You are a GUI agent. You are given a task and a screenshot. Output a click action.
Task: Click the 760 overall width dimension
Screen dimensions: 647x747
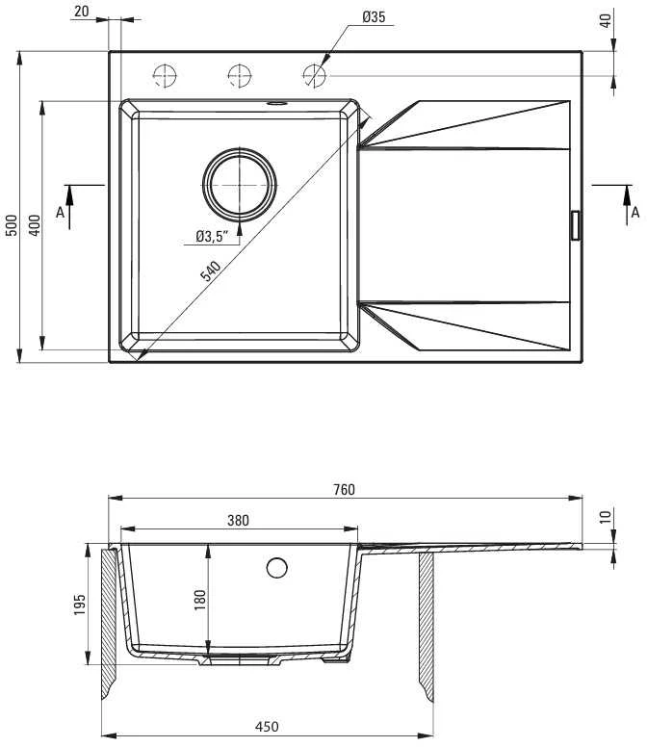pos(344,489)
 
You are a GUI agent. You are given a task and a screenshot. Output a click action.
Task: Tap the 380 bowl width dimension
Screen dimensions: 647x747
pos(238,520)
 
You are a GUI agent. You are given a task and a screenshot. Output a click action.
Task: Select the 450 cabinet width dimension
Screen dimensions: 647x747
pos(267,727)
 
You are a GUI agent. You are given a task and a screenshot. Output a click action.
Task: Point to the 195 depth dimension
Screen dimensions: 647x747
pos(80,605)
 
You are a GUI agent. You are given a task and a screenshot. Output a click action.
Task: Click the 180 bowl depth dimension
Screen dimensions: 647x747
pos(200,600)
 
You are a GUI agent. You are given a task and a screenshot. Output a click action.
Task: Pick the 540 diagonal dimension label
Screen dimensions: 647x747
pos(210,271)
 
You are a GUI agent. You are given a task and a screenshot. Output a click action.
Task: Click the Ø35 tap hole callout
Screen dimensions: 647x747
pos(374,17)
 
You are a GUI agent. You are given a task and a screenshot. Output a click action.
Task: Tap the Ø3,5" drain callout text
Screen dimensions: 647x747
pos(212,236)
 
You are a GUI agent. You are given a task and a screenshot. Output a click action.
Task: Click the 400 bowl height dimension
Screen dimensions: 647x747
pos(35,225)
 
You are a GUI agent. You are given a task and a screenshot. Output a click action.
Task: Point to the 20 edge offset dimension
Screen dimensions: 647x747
pos(82,12)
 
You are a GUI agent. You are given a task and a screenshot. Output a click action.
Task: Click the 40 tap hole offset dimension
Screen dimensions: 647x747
pos(605,20)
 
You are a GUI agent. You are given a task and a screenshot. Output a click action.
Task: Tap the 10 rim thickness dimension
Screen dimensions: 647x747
pos(605,517)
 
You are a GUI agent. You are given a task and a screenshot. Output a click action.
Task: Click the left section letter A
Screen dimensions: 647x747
pos(60,213)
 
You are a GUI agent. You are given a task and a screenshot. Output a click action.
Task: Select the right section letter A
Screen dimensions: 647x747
pos(635,213)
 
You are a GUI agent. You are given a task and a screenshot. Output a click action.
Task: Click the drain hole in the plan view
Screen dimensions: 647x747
pos(239,185)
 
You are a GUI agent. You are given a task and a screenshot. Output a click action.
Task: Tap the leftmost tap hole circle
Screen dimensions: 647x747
pos(165,76)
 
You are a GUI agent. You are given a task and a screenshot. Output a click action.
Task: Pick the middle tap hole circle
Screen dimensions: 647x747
pos(239,76)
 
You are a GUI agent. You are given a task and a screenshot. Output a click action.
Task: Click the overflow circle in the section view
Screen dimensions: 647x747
pos(277,567)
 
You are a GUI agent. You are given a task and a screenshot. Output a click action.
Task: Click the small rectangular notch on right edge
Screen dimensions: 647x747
pos(576,225)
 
